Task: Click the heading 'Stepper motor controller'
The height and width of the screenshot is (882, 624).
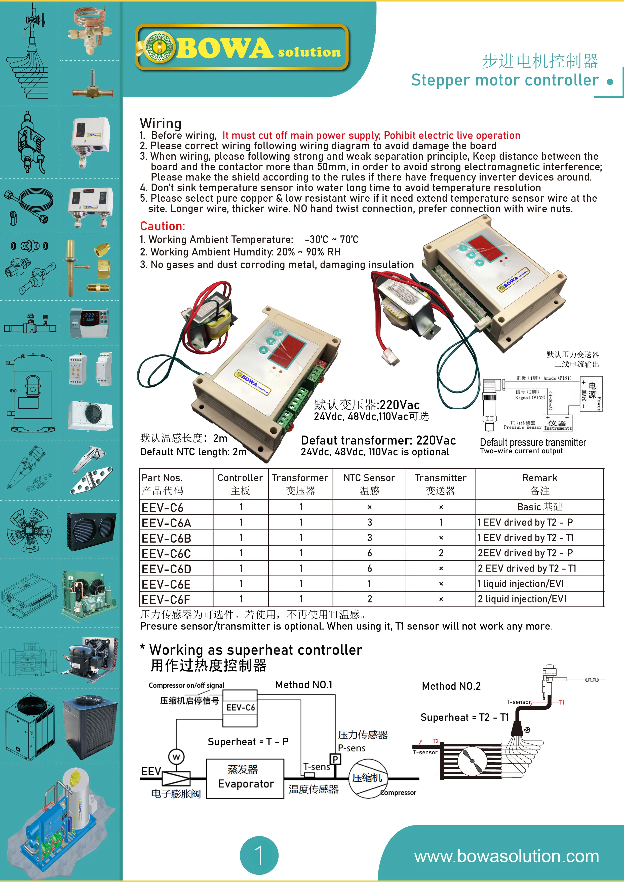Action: [x=504, y=80]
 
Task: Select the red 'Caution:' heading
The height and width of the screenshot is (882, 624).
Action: [x=162, y=226]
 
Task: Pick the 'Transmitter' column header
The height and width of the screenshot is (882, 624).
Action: [x=440, y=478]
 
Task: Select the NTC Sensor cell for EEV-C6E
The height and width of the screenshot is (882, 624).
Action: [x=369, y=584]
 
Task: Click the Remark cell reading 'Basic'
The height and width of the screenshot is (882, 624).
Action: [x=539, y=507]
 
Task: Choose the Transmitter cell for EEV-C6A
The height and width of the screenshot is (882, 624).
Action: [x=441, y=522]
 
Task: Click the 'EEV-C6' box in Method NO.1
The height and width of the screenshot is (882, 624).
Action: [x=240, y=708]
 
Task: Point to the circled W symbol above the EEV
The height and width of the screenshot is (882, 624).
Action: [x=176, y=757]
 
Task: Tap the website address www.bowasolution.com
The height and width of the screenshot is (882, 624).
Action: [x=506, y=856]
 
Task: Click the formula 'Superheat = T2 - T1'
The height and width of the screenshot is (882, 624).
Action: [x=464, y=717]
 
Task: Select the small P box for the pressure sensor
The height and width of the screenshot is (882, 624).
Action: [x=335, y=759]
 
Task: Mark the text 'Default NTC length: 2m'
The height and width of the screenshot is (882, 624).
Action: [x=193, y=452]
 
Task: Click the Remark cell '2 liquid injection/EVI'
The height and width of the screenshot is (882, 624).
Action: [x=522, y=599]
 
